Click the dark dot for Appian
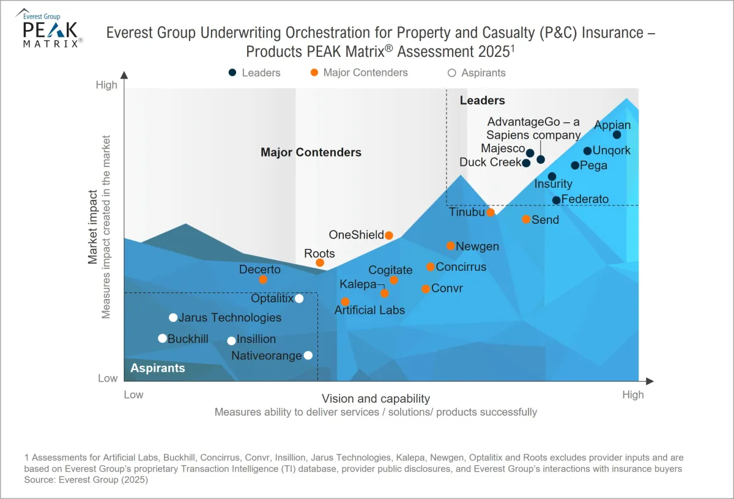coord(617,135)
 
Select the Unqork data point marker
coord(587,151)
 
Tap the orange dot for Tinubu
coord(491,212)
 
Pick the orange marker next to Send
coord(526,219)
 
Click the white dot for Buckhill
coord(162,338)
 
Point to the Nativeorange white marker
coord(308,355)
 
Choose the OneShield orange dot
coord(388,235)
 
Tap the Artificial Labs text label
coord(369,310)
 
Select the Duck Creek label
coord(490,163)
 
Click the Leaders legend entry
coord(254,73)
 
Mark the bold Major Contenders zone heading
coord(311,152)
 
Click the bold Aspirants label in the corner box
coord(157,368)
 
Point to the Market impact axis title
coord(93,226)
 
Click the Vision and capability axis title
coord(376,399)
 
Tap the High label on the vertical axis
coord(106,85)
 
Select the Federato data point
coord(556,200)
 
